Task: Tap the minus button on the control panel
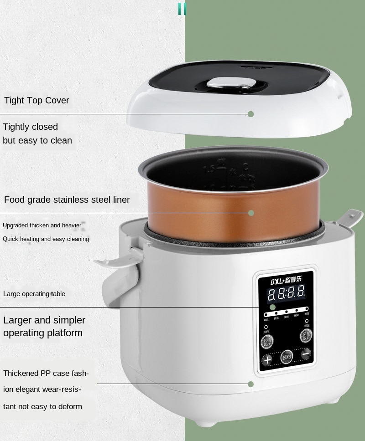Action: (x=306, y=353)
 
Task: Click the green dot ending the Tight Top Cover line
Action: (x=250, y=114)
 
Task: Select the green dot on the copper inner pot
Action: (x=250, y=213)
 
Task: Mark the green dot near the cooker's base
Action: (x=250, y=384)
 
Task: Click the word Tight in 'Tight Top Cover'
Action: (x=14, y=100)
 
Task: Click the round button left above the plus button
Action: (x=266, y=342)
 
